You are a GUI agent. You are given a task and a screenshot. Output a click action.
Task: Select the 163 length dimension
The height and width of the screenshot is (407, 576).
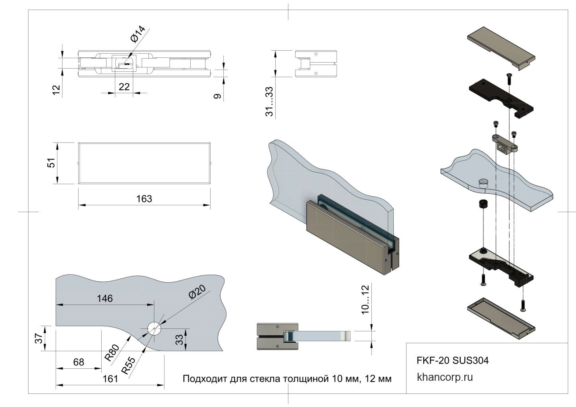click(x=144, y=199)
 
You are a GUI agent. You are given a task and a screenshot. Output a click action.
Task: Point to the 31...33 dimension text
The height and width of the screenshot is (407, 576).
click(x=270, y=102)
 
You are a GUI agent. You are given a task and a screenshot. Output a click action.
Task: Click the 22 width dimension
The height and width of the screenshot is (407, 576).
click(x=124, y=87)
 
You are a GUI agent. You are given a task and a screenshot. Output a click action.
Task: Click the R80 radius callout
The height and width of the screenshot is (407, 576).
click(x=112, y=352)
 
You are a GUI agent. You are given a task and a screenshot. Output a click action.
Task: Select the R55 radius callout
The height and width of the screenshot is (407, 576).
click(x=128, y=365)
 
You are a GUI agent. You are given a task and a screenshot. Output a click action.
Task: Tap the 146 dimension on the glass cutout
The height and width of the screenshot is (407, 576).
click(x=105, y=298)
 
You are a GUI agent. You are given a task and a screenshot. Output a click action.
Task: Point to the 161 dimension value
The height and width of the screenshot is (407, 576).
click(x=110, y=379)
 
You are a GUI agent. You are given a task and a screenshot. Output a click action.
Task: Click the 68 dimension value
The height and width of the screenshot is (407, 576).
click(x=79, y=362)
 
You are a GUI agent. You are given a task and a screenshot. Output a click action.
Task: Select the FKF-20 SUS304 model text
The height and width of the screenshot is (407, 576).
click(x=452, y=360)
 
